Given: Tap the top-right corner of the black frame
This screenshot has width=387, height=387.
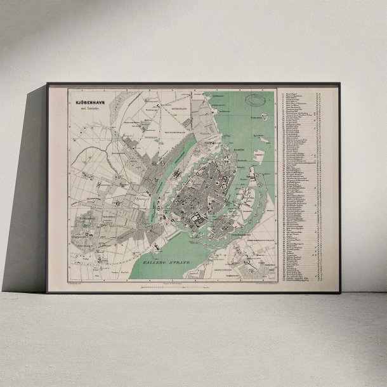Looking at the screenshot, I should pyautogui.click(x=339, y=83).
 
